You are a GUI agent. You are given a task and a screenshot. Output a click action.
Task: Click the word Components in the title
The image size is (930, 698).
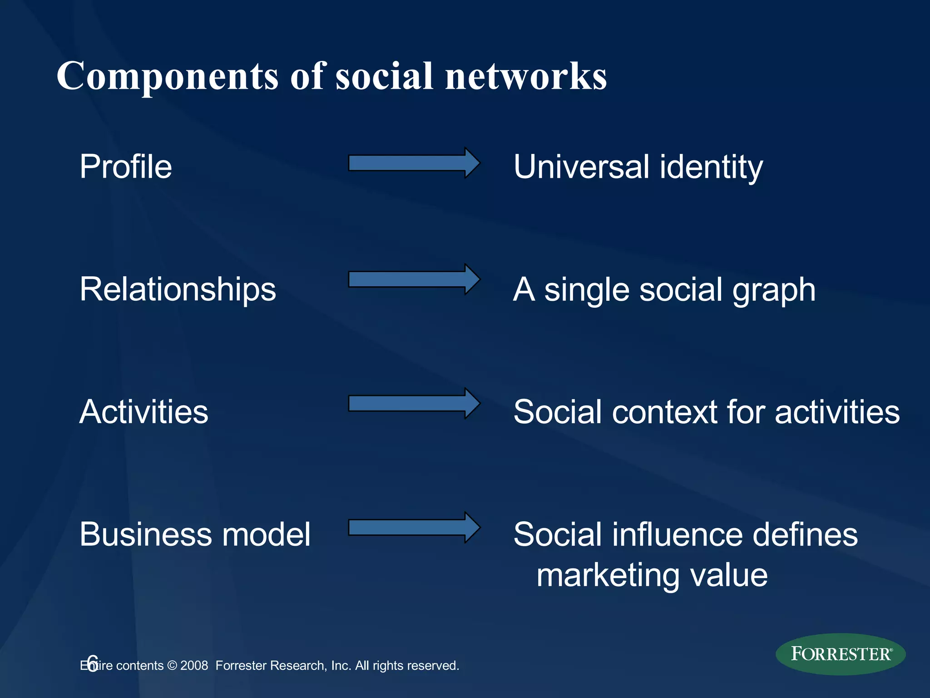point(167,76)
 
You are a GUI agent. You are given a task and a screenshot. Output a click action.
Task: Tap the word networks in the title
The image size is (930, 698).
point(526,76)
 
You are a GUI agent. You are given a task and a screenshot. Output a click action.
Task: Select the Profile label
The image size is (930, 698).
point(126,167)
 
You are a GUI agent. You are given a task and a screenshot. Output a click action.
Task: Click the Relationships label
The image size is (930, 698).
point(178,289)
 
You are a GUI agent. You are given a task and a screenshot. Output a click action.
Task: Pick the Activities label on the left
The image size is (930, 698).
point(143,412)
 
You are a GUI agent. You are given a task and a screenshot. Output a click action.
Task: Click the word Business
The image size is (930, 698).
point(144,534)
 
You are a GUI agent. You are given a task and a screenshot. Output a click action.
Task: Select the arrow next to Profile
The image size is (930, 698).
point(413,163)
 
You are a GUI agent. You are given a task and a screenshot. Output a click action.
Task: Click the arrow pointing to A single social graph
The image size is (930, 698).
point(413,279)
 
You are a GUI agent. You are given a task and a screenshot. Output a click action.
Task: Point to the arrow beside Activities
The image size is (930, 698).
point(413,404)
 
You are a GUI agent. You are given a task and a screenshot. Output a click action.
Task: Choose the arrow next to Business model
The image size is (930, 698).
point(413,528)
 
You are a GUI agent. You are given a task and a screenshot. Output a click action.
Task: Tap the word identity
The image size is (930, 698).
point(711,167)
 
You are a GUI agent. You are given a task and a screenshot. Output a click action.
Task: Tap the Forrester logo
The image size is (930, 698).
point(841,654)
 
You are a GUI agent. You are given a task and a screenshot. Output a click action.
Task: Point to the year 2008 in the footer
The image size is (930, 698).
point(194,666)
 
